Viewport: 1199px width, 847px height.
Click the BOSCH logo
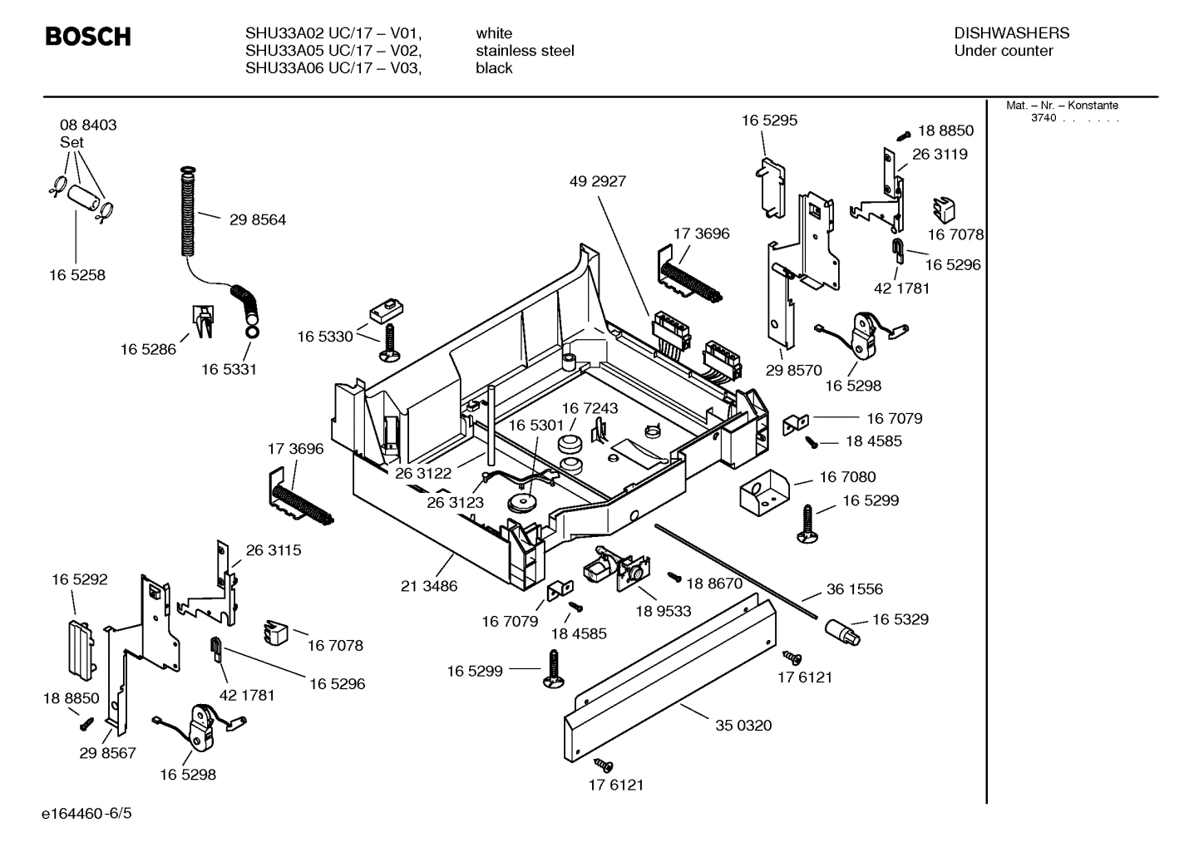[87, 37]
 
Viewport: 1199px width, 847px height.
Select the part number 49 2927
[597, 181]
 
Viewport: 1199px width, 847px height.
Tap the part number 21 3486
[429, 586]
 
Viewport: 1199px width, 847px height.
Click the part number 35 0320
[743, 726]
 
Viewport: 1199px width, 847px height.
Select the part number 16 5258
[76, 275]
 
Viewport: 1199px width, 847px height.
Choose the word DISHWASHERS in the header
[1011, 33]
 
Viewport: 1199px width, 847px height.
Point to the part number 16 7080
[847, 477]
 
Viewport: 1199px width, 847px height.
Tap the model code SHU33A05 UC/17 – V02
[333, 51]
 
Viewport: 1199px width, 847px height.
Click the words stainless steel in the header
[525, 51]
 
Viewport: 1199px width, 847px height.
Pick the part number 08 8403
[88, 125]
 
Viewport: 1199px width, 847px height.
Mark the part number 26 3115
[273, 550]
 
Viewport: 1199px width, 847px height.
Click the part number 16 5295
[769, 121]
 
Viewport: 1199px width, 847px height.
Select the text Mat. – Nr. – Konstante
[1062, 106]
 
